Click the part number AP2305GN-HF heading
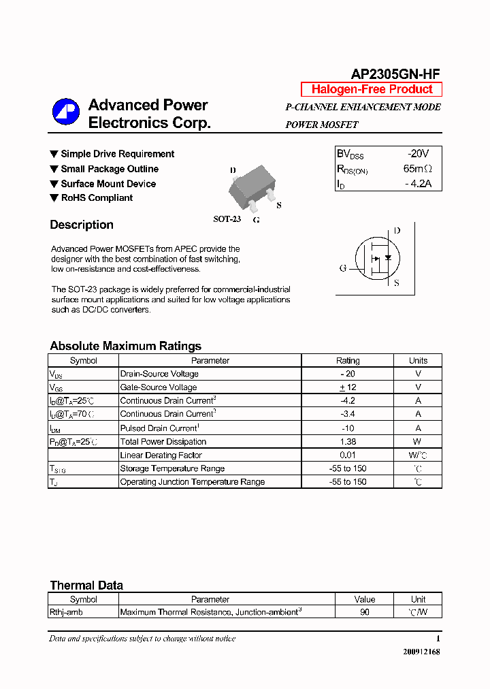[395, 75]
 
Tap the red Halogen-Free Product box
[372, 89]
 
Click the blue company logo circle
[67, 112]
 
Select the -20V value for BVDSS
[419, 154]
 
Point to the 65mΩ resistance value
[417, 169]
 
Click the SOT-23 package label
[227, 219]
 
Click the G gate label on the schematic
[343, 268]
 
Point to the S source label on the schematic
[397, 283]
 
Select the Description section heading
[82, 225]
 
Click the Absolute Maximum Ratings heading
[125, 346]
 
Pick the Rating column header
[348, 361]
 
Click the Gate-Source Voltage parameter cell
[159, 387]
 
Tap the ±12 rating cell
[348, 387]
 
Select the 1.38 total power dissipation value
[348, 442]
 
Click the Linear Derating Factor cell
[161, 455]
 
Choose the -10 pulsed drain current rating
[348, 428]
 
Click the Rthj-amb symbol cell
[66, 612]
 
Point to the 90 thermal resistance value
[365, 612]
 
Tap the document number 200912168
[421, 652]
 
